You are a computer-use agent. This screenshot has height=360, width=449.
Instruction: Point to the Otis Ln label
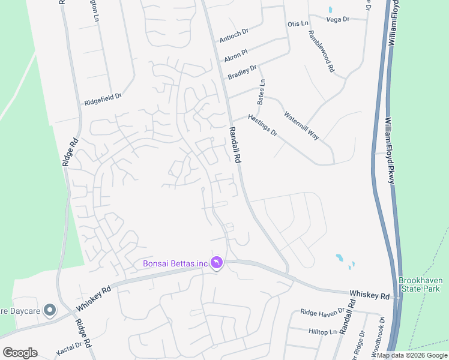coord(298,23)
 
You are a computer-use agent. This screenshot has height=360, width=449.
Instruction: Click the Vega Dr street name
coord(337,20)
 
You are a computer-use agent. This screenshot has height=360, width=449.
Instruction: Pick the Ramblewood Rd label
coord(322,52)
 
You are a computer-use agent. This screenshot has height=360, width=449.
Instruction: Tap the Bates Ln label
coord(261,92)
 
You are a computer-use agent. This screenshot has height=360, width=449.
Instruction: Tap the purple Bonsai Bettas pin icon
coord(217,263)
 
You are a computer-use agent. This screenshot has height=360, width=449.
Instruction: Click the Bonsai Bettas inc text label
coord(175,263)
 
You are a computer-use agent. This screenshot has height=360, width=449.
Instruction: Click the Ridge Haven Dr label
coord(323,312)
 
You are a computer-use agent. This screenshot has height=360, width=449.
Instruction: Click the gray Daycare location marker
coord(50,310)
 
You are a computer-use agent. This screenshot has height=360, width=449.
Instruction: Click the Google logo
coord(20,353)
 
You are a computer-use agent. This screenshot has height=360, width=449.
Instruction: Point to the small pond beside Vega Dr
coord(330,10)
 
